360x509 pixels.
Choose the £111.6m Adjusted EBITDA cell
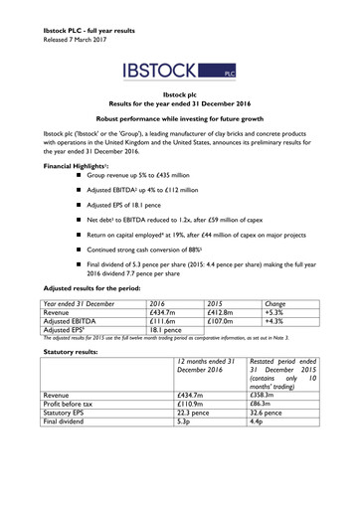[162, 376]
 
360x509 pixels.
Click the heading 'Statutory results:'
[55, 407]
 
